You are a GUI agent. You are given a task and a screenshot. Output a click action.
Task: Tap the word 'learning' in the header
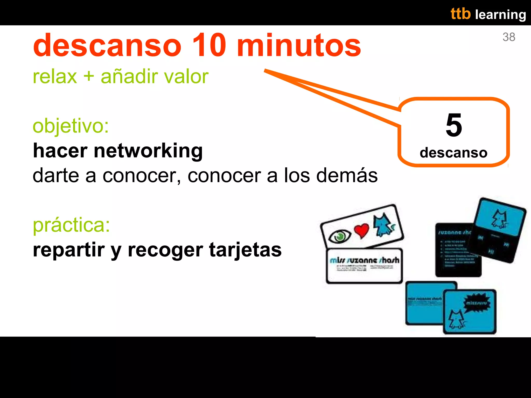pos(500,15)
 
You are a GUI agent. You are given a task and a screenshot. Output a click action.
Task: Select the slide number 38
pos(509,37)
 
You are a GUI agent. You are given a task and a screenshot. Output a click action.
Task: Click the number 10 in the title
pos(209,45)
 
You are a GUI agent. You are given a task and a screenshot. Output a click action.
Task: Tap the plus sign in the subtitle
pos(89,76)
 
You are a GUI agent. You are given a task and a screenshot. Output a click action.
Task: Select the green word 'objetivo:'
pos(71,126)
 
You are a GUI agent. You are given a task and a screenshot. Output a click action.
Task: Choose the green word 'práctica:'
pos(71,225)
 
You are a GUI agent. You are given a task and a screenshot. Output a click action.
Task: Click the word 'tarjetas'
pos(245,250)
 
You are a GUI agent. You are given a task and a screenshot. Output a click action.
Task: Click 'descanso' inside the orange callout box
pos(453,153)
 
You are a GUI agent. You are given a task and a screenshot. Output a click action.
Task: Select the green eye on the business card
pos(339,236)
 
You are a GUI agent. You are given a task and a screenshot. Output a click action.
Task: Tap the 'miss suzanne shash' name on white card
pos(364,260)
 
